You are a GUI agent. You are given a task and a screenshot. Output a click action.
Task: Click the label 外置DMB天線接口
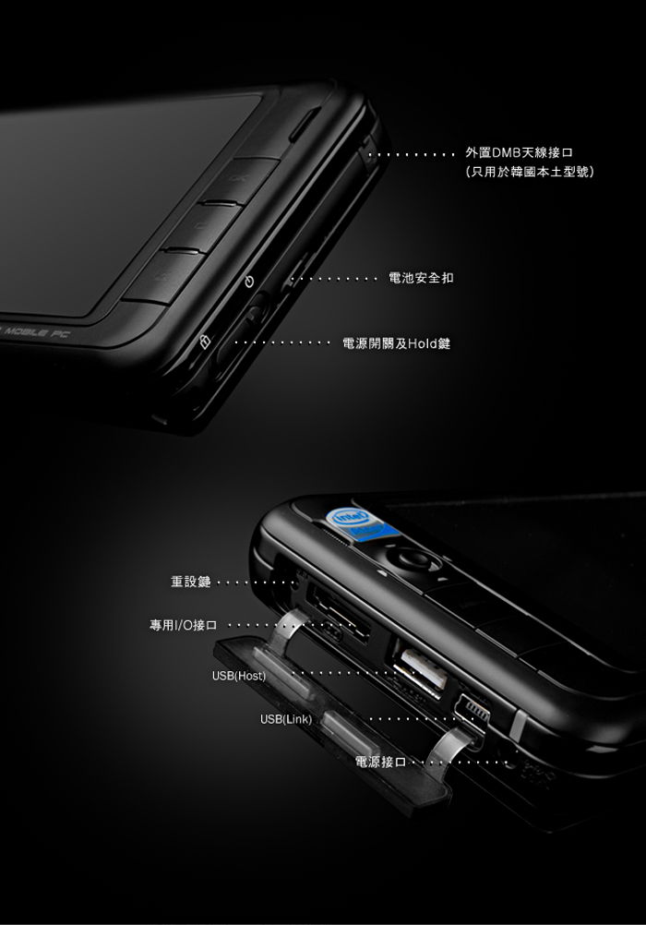(520, 153)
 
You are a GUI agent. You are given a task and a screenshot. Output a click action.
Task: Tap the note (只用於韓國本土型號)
(529, 172)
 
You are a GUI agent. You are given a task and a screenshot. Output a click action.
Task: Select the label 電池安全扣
(421, 278)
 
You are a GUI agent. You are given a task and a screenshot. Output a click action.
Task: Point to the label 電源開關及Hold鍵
(397, 343)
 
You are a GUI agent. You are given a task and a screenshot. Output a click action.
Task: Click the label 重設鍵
(190, 582)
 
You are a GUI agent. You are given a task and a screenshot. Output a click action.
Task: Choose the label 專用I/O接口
(184, 625)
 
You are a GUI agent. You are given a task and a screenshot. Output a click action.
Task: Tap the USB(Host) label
(239, 676)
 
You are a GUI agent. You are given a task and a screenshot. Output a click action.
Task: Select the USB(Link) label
(286, 720)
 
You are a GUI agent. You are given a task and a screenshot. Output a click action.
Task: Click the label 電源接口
(380, 763)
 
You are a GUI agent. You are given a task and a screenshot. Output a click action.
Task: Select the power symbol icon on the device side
(249, 282)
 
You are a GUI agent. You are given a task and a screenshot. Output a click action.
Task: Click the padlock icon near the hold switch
(204, 342)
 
